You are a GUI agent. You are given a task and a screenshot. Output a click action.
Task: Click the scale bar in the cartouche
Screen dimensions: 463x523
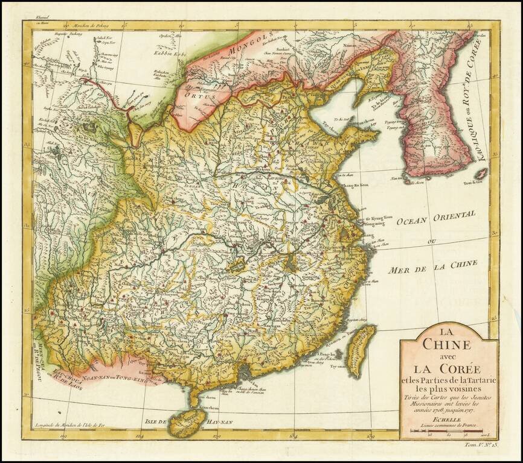tap(448, 432)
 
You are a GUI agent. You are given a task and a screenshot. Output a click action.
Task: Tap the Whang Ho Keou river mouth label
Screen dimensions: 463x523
tap(355, 185)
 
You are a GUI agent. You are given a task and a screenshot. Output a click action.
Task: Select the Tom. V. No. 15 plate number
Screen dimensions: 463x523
tap(481, 445)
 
